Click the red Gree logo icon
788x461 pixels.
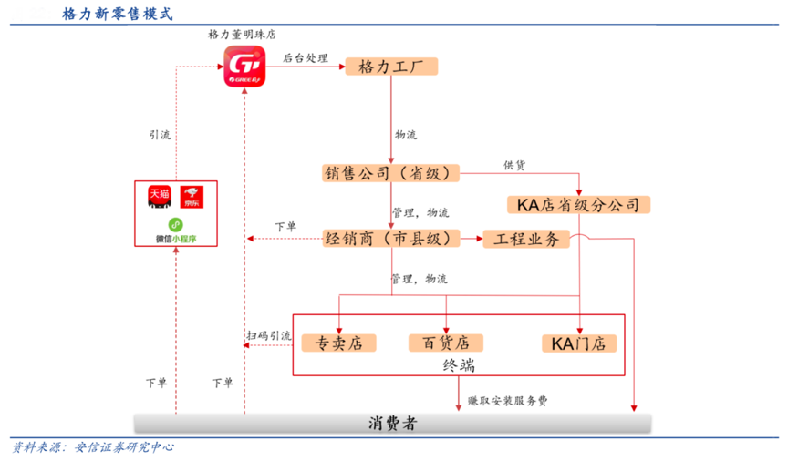(x=244, y=67)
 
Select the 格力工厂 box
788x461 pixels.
(x=391, y=67)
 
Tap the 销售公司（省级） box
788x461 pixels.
(x=391, y=173)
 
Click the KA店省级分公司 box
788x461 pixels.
(x=578, y=204)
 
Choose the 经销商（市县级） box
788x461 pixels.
(x=391, y=239)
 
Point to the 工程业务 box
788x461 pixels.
(x=526, y=239)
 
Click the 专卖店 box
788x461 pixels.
(x=338, y=343)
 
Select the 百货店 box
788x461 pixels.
(x=445, y=343)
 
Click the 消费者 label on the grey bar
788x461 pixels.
(x=393, y=424)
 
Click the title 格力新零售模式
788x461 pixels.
(x=117, y=15)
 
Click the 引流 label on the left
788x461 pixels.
(x=161, y=134)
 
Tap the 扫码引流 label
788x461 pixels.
(x=268, y=335)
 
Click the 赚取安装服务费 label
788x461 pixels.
(x=508, y=400)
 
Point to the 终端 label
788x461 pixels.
(x=458, y=365)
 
